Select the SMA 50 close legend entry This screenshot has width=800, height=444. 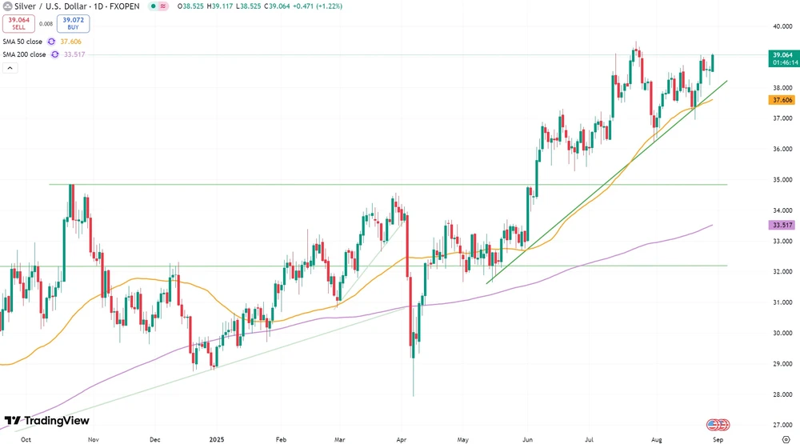(x=22, y=42)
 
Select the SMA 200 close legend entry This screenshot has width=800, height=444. (x=24, y=54)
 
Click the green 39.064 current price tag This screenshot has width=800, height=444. (x=781, y=58)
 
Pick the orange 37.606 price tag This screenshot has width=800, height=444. (x=781, y=100)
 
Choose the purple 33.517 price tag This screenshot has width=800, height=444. (x=781, y=226)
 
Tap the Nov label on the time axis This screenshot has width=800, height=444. (x=94, y=438)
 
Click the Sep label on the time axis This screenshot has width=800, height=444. (x=719, y=438)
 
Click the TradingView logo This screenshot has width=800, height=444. (x=47, y=421)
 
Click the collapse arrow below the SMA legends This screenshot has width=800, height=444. (x=10, y=68)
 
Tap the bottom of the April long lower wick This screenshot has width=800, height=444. (x=414, y=395)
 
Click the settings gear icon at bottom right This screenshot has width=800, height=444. (x=786, y=438)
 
